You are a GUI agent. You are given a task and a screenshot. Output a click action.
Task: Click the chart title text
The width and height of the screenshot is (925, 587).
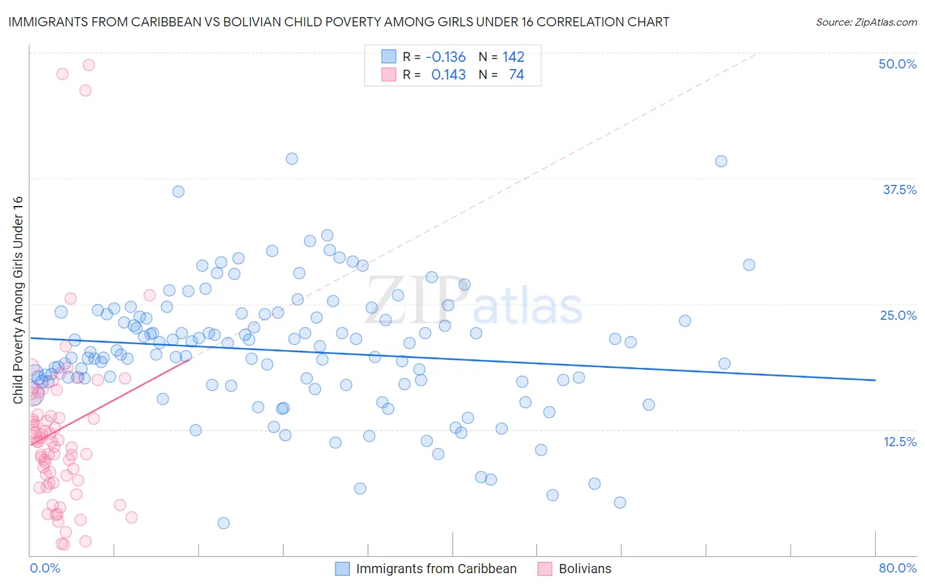tap(338, 22)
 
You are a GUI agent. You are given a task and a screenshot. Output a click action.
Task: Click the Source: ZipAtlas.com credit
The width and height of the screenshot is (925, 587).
tap(866, 22)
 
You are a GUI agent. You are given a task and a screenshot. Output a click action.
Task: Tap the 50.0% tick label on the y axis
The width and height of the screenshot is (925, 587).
tap(897, 64)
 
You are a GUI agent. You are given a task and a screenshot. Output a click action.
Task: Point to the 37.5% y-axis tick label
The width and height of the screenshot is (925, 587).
tap(899, 190)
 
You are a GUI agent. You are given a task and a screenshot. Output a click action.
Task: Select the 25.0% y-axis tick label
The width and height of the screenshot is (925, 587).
tap(898, 315)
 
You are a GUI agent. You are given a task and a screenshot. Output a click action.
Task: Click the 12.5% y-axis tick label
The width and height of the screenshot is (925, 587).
tap(899, 442)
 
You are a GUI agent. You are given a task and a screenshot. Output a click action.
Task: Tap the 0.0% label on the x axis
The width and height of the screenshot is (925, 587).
tap(45, 568)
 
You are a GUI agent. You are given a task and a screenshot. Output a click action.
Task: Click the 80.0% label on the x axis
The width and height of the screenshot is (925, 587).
tap(897, 568)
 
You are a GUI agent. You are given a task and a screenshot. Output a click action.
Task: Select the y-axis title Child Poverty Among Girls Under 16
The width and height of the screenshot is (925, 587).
tap(18, 300)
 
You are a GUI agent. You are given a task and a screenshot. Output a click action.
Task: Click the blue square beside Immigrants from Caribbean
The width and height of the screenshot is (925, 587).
tap(342, 569)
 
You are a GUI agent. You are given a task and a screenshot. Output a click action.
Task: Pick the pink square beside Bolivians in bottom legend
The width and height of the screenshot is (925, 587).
tap(545, 569)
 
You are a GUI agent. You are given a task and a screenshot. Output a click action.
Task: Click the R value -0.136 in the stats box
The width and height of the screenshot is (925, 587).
tap(445, 57)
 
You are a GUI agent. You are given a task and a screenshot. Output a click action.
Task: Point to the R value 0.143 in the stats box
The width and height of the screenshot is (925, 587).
tap(448, 75)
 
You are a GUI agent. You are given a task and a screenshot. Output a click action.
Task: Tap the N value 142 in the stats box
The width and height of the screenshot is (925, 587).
tap(513, 57)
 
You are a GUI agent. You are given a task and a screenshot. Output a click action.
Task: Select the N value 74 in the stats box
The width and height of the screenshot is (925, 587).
tap(516, 75)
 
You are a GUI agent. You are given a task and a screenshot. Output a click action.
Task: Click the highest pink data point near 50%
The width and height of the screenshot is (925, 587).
tap(88, 64)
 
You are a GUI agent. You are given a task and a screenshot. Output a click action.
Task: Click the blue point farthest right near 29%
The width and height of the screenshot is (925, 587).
tap(749, 265)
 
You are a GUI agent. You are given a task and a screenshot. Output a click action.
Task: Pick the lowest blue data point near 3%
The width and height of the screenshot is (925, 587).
tap(224, 523)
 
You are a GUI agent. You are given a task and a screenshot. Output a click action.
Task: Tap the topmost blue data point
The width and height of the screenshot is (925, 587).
tap(291, 159)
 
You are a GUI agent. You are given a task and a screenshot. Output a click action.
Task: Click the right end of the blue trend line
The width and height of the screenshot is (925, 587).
tap(875, 380)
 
